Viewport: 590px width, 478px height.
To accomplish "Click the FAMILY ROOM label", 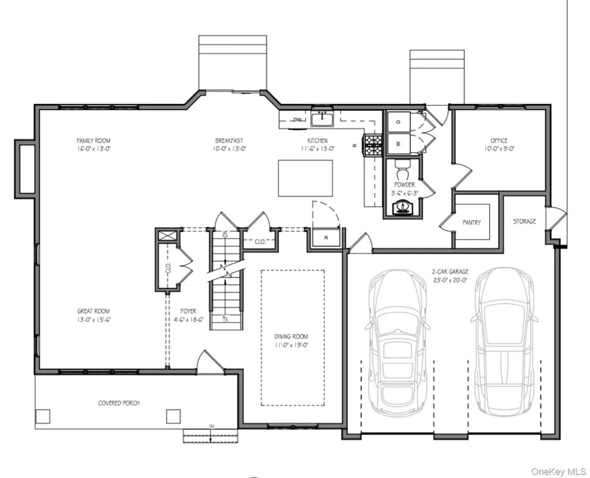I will (94, 141).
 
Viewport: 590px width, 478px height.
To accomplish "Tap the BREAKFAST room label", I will (229, 141).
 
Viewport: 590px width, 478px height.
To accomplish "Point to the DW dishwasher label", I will (297, 120).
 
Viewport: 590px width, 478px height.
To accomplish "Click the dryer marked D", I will (398, 121).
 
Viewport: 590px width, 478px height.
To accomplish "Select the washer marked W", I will (398, 143).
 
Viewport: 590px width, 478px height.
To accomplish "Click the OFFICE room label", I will (499, 141).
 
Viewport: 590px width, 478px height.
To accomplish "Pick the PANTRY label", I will (472, 223).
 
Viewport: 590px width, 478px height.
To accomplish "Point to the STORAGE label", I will (525, 222).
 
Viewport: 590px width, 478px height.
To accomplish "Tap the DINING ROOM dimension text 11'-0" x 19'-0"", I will (291, 345).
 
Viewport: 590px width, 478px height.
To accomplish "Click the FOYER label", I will (189, 311).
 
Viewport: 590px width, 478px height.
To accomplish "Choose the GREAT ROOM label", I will (93, 311).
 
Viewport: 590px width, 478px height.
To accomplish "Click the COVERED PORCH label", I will (119, 403).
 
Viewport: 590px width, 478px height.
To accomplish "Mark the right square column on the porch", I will (173, 415).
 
